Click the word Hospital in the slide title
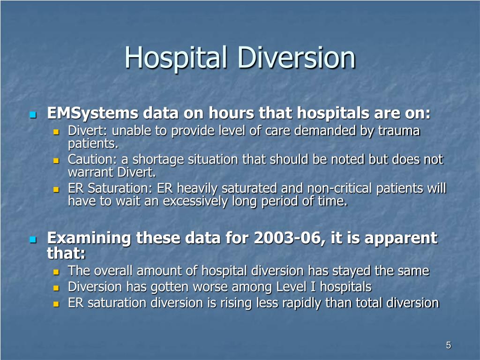pos(176,58)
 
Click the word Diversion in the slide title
pos(297,57)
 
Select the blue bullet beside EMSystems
pos(33,115)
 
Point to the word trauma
pos(399,131)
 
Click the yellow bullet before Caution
pos(56,161)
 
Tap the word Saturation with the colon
pos(120,188)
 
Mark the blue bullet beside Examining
pos(33,240)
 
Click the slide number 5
pos(449,345)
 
